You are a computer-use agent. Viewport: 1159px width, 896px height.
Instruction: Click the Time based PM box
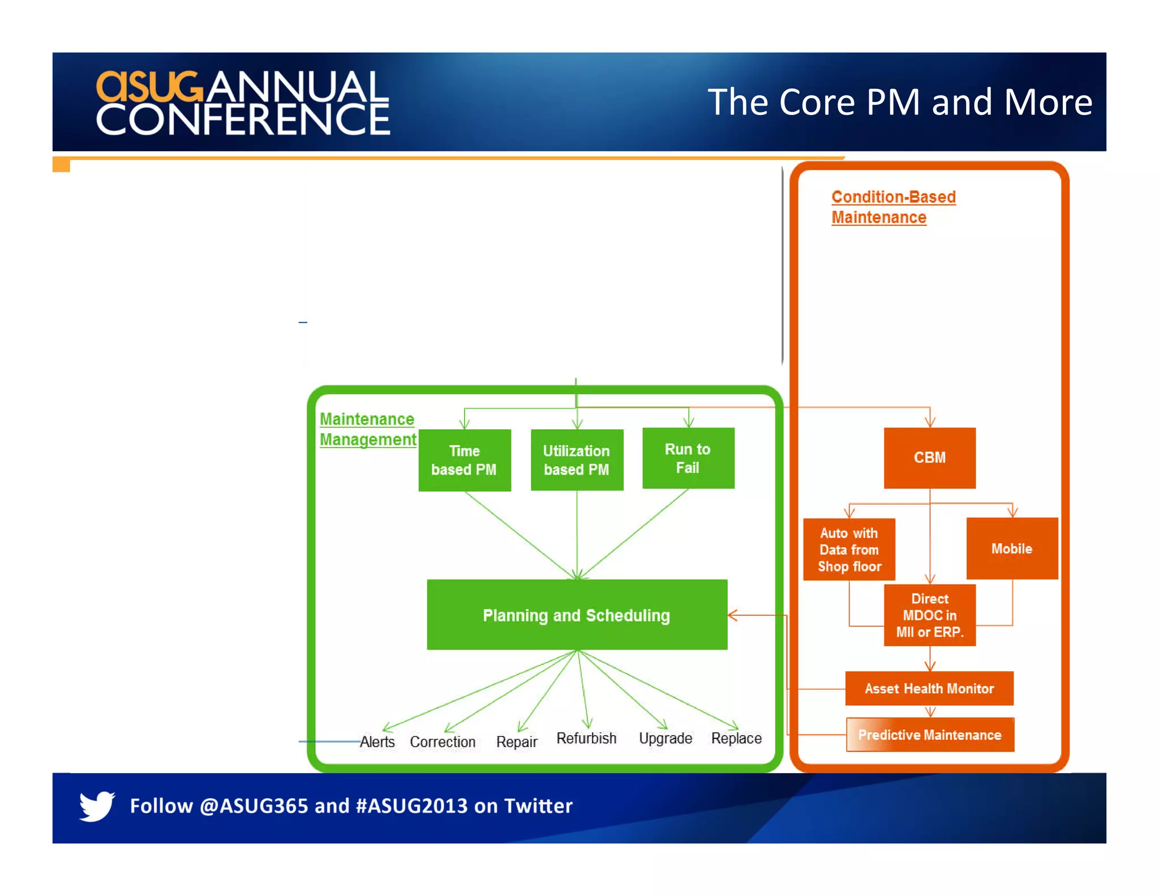pyautogui.click(x=464, y=460)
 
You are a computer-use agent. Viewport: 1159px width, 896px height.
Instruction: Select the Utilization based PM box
pyautogui.click(x=577, y=460)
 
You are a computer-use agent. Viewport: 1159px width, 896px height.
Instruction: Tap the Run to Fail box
pyautogui.click(x=688, y=458)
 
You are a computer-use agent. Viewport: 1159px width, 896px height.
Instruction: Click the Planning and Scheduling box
pyautogui.click(x=577, y=615)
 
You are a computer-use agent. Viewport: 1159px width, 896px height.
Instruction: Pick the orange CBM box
pyautogui.click(x=929, y=458)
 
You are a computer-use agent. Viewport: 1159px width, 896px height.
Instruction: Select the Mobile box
pyautogui.click(x=1012, y=548)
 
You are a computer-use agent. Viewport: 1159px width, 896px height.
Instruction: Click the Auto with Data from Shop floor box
pyautogui.click(x=849, y=549)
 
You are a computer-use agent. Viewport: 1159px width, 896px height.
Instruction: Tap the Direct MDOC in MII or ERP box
pyautogui.click(x=929, y=615)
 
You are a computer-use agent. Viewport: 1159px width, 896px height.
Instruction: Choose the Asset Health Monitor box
pyautogui.click(x=929, y=688)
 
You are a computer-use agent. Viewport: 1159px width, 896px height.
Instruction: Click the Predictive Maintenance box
pyautogui.click(x=930, y=735)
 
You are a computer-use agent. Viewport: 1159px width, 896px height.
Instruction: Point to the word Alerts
pyautogui.click(x=377, y=741)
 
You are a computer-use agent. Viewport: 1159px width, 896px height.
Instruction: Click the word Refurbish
pyautogui.click(x=586, y=738)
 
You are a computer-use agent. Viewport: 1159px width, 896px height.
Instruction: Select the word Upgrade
pyautogui.click(x=666, y=738)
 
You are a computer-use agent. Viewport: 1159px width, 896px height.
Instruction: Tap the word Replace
pyautogui.click(x=736, y=738)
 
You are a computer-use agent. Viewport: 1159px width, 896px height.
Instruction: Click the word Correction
pyautogui.click(x=443, y=741)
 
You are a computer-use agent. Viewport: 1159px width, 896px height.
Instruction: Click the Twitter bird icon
pyautogui.click(x=97, y=805)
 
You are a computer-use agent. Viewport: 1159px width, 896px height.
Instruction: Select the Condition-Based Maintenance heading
pyautogui.click(x=892, y=207)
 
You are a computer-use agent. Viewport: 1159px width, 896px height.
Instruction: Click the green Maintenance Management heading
pyautogui.click(x=367, y=429)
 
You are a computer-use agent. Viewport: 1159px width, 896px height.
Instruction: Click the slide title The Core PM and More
pyautogui.click(x=899, y=102)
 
